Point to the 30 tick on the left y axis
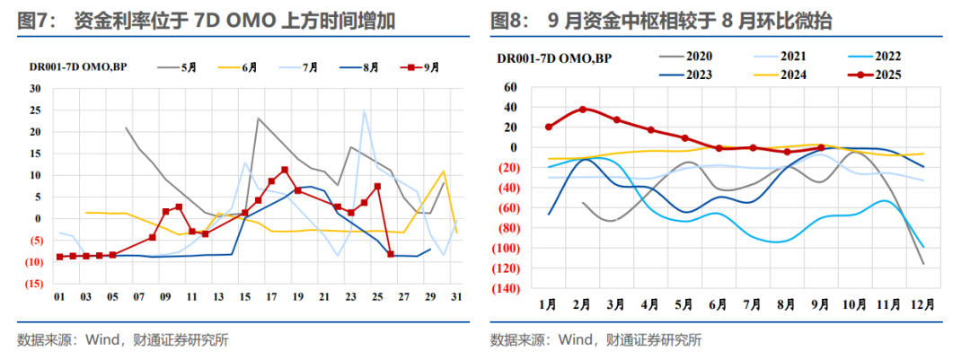pyautogui.click(x=35, y=89)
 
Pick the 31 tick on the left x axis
pyautogui.click(x=456, y=298)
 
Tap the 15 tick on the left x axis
pyautogui.click(x=244, y=298)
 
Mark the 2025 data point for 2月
pyautogui.click(x=583, y=110)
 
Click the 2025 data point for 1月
pyautogui.click(x=549, y=127)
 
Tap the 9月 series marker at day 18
pyautogui.click(x=285, y=170)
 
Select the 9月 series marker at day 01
pyautogui.click(x=60, y=257)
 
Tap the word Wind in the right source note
pyautogui.click(x=577, y=340)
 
